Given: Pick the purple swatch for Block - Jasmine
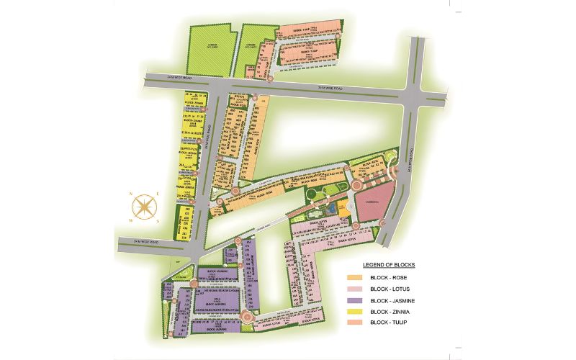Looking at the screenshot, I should click(355, 300).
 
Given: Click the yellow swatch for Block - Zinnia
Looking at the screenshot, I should click(355, 311).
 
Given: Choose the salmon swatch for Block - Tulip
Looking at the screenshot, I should click(355, 322).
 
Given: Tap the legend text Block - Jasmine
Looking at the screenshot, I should click(394, 300).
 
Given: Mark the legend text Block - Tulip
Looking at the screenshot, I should click(391, 322).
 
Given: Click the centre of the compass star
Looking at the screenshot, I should click(145, 204).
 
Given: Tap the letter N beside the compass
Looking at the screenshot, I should click(132, 194).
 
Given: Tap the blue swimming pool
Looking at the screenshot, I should click(328, 210).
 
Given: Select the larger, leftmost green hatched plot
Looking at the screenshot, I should click(212, 49).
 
